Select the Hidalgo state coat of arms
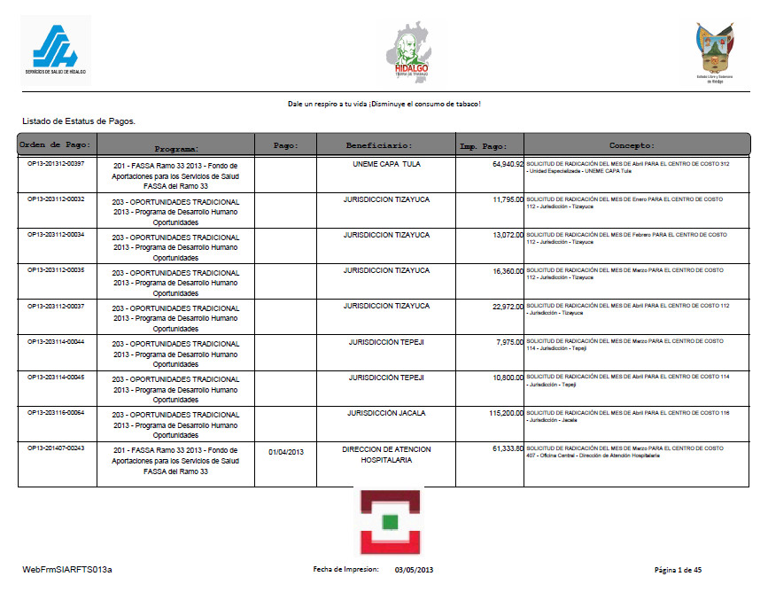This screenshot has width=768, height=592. (x=715, y=51)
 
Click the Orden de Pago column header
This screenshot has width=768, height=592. (x=56, y=144)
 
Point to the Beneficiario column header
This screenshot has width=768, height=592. (x=379, y=144)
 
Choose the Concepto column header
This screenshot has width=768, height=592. (x=632, y=144)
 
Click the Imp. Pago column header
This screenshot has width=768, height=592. (x=484, y=144)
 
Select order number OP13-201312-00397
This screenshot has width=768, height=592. (x=56, y=164)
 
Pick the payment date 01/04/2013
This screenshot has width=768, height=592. (x=286, y=452)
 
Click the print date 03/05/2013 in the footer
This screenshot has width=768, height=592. (x=414, y=569)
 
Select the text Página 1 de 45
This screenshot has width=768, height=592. (x=678, y=569)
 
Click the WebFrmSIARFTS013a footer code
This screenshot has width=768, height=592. (x=67, y=569)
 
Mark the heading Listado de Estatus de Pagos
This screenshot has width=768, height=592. (x=79, y=120)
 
